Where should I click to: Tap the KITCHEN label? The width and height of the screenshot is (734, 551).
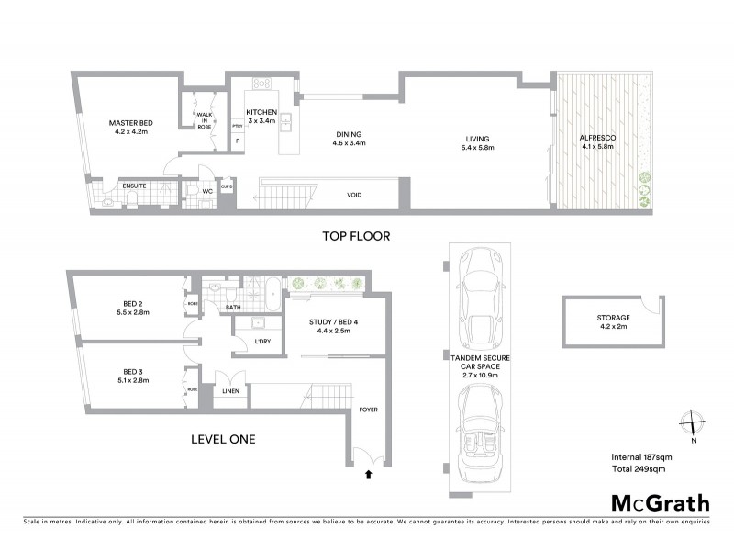pos(261,112)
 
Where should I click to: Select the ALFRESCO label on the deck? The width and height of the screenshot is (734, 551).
pos(596,138)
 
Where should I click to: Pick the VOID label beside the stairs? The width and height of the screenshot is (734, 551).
pos(354,195)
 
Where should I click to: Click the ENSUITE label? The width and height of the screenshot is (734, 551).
pos(122,185)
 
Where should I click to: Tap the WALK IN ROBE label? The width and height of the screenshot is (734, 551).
pos(203,120)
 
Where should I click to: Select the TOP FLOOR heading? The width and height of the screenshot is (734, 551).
pos(356,236)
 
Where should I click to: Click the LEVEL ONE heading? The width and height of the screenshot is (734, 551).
pos(222,440)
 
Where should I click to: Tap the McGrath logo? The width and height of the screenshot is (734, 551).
pos(660,502)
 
